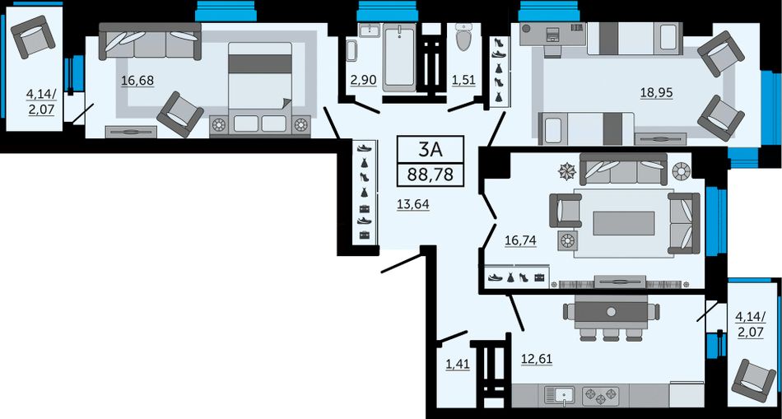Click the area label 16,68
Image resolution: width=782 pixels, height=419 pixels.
[x=137, y=81]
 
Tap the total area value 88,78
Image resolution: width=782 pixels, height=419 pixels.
[x=431, y=175]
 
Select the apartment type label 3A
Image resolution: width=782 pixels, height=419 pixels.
[x=431, y=149]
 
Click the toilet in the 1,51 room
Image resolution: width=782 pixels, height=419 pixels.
[x=463, y=36]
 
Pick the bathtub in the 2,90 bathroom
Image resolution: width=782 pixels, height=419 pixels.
[x=399, y=57]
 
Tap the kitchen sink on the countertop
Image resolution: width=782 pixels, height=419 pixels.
[x=560, y=396]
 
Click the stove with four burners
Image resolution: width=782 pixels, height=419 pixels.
[x=601, y=396]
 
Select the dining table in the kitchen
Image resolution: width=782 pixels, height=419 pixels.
[x=611, y=312]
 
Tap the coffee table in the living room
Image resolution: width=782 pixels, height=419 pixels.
[x=624, y=223]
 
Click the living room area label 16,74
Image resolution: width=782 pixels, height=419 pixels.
[x=520, y=241]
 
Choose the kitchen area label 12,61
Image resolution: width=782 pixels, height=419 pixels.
[x=537, y=359]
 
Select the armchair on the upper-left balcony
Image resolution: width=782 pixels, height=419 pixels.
[x=33, y=37]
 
